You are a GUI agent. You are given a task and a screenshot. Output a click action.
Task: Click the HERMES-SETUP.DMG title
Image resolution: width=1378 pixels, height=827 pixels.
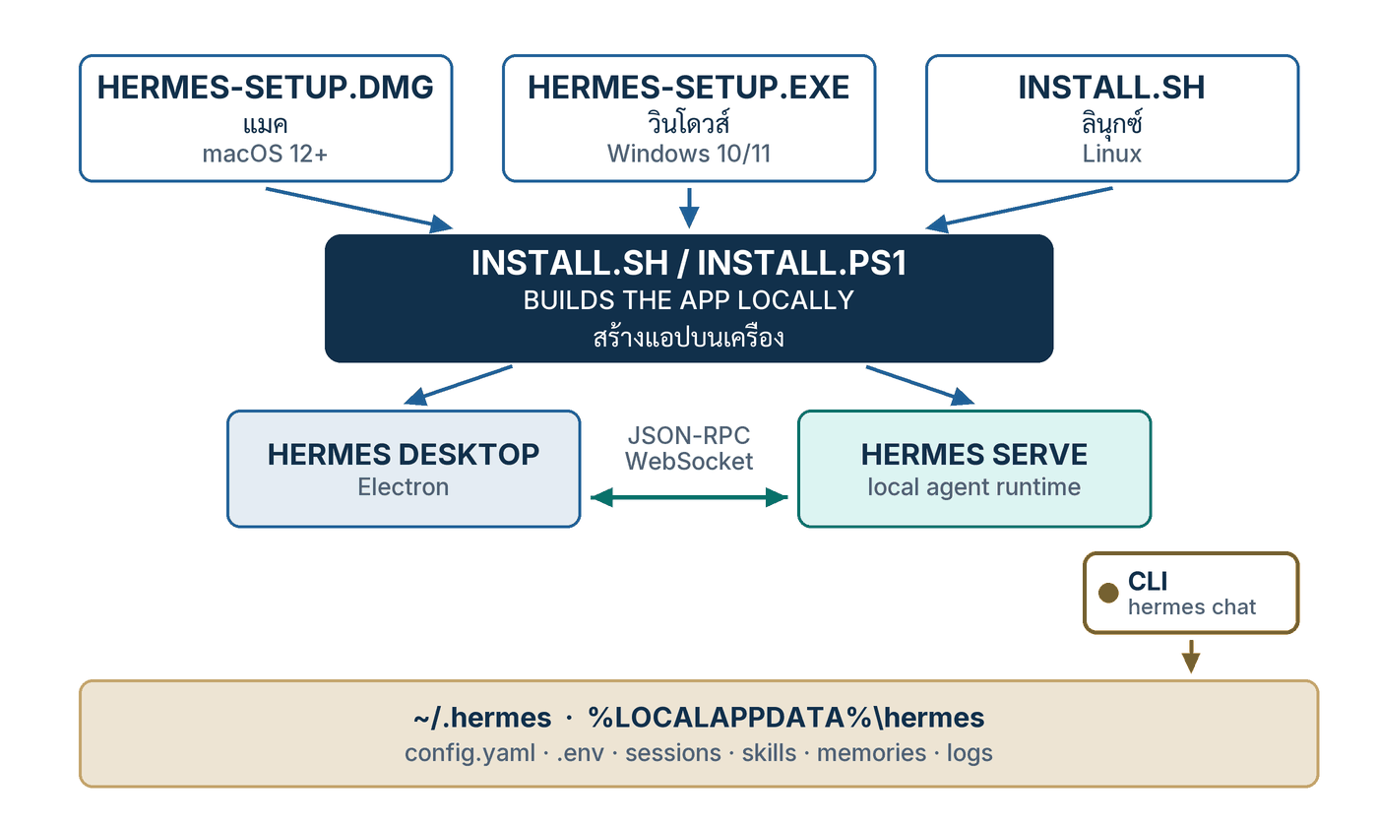click(265, 88)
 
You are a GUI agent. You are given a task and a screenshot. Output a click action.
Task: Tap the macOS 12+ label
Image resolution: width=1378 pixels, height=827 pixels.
click(265, 154)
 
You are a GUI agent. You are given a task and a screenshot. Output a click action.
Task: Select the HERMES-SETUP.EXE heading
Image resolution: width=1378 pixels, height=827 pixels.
click(688, 88)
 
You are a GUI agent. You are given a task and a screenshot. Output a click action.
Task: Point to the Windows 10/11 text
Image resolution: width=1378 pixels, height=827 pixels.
click(688, 154)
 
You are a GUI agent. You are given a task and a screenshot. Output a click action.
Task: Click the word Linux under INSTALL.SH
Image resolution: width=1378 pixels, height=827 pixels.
click(1111, 154)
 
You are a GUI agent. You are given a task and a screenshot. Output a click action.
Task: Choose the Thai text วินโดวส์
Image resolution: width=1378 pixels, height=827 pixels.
click(688, 122)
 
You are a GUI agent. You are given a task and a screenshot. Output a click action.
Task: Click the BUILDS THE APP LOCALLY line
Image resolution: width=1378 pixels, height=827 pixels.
click(688, 300)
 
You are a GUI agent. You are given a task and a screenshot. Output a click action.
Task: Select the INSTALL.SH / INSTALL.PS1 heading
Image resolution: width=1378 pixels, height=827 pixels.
click(688, 263)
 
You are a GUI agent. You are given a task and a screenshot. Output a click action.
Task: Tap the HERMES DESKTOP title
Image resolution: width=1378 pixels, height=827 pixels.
click(403, 455)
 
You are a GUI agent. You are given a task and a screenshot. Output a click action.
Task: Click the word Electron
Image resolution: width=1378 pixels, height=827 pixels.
click(403, 486)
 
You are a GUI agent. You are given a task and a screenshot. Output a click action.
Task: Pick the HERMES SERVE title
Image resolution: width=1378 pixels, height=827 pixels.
click(973, 455)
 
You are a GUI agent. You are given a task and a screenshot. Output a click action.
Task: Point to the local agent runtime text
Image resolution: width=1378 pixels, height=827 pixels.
click(973, 486)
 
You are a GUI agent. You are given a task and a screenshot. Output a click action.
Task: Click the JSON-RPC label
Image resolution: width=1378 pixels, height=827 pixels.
click(688, 435)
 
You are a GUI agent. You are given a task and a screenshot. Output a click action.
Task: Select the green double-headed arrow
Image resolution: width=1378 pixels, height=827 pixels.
click(689, 497)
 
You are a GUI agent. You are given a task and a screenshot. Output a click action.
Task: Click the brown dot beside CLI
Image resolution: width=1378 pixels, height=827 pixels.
click(1108, 593)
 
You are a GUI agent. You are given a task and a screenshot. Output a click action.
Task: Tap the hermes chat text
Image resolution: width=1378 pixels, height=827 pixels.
click(1192, 607)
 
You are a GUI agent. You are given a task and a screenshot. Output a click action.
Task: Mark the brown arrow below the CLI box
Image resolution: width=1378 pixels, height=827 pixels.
click(1191, 657)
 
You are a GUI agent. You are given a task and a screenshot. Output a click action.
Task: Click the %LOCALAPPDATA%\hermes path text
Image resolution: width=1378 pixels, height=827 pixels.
click(785, 718)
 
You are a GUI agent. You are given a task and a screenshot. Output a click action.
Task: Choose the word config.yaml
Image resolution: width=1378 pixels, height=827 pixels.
click(470, 753)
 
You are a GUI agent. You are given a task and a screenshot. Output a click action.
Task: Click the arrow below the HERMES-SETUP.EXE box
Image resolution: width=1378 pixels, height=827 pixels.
click(689, 208)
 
